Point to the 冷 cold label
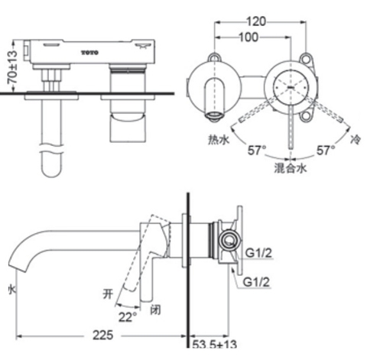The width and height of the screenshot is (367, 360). point(355,141)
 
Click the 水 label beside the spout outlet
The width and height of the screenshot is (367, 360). point(10,289)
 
